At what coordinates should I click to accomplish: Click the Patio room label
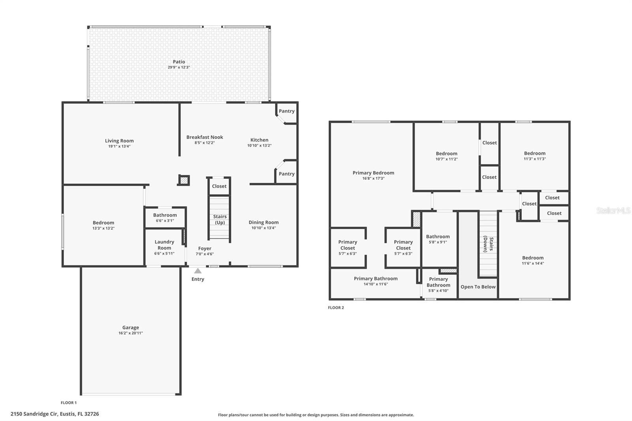179,62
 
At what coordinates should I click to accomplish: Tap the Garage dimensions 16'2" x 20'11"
130,333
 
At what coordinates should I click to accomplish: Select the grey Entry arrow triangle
198,271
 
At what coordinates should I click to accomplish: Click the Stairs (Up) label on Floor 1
220,219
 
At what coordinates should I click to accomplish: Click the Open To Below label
478,287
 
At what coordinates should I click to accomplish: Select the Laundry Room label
164,245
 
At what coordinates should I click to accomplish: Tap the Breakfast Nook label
205,137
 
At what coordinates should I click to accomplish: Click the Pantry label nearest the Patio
286,111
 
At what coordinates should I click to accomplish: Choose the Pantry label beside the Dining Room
286,174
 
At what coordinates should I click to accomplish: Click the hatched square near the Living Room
184,180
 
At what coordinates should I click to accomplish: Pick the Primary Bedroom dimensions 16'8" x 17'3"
373,179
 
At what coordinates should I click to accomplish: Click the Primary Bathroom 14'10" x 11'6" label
375,281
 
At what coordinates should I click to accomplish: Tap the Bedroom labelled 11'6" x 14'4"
532,260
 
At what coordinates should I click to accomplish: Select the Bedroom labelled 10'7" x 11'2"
446,156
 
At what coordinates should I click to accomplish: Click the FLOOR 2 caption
336,308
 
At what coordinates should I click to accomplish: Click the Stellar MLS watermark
613,211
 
